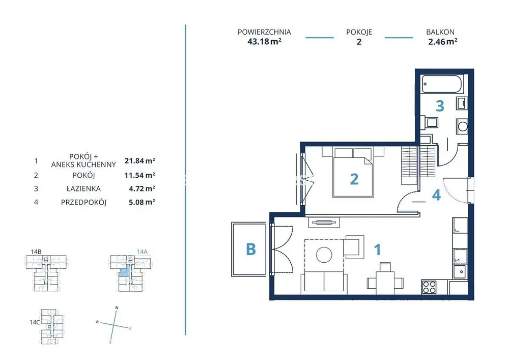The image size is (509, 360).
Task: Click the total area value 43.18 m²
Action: coord(264,42)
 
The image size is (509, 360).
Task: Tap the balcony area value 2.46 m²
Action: coord(443,42)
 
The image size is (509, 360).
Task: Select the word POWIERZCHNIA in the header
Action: coord(264,32)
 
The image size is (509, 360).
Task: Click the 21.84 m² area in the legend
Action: coord(139,161)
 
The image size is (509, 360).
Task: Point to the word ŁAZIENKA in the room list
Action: coord(84,188)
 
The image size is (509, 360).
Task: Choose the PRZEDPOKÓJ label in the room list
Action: coord(84,202)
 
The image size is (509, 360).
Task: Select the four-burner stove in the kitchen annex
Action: coord(429,287)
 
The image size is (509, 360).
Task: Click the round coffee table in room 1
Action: coord(324,255)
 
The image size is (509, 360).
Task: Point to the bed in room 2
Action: coord(353,173)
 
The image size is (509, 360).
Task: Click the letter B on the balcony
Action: coord(251,250)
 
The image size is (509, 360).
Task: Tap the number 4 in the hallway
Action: coord(436,195)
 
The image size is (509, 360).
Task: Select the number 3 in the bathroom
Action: coord(440,105)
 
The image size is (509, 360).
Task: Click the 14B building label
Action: coord(36,252)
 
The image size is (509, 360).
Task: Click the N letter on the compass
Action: coord(117,308)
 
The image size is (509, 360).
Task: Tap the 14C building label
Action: coord(35,322)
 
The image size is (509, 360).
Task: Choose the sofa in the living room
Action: coord(324,282)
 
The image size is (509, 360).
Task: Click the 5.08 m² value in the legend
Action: coord(142,202)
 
